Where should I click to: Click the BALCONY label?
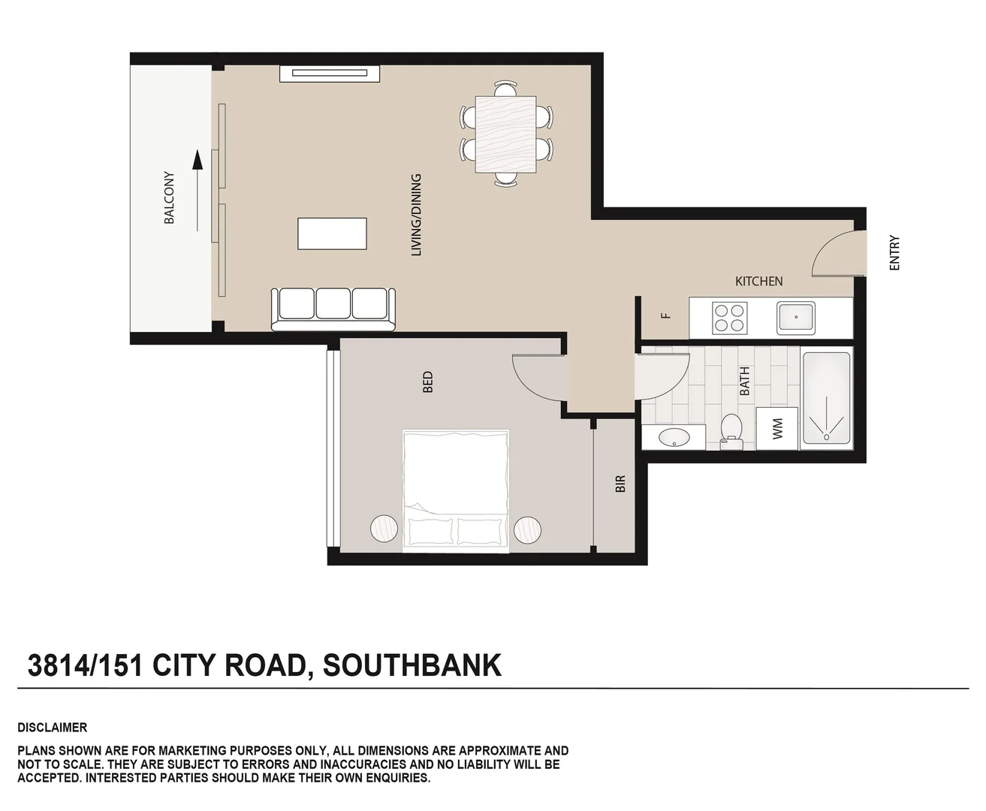pos(169,198)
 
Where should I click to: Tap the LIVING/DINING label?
pos(416,216)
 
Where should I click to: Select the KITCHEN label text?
pos(758,281)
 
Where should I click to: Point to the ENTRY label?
pos(894,253)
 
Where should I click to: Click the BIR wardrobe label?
pos(620,484)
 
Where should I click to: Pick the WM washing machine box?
pos(776,429)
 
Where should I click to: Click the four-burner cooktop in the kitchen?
pos(729,317)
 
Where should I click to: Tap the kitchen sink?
pos(796,318)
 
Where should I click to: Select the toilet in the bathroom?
pos(731,430)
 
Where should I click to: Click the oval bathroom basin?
pos(672,436)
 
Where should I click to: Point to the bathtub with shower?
pos(826,399)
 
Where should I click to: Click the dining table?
pos(505,134)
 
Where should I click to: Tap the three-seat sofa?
pos(333,307)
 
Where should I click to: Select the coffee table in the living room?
pos(332,234)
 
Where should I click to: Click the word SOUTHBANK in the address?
pos(412,665)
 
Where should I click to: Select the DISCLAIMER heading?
pos(53,727)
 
